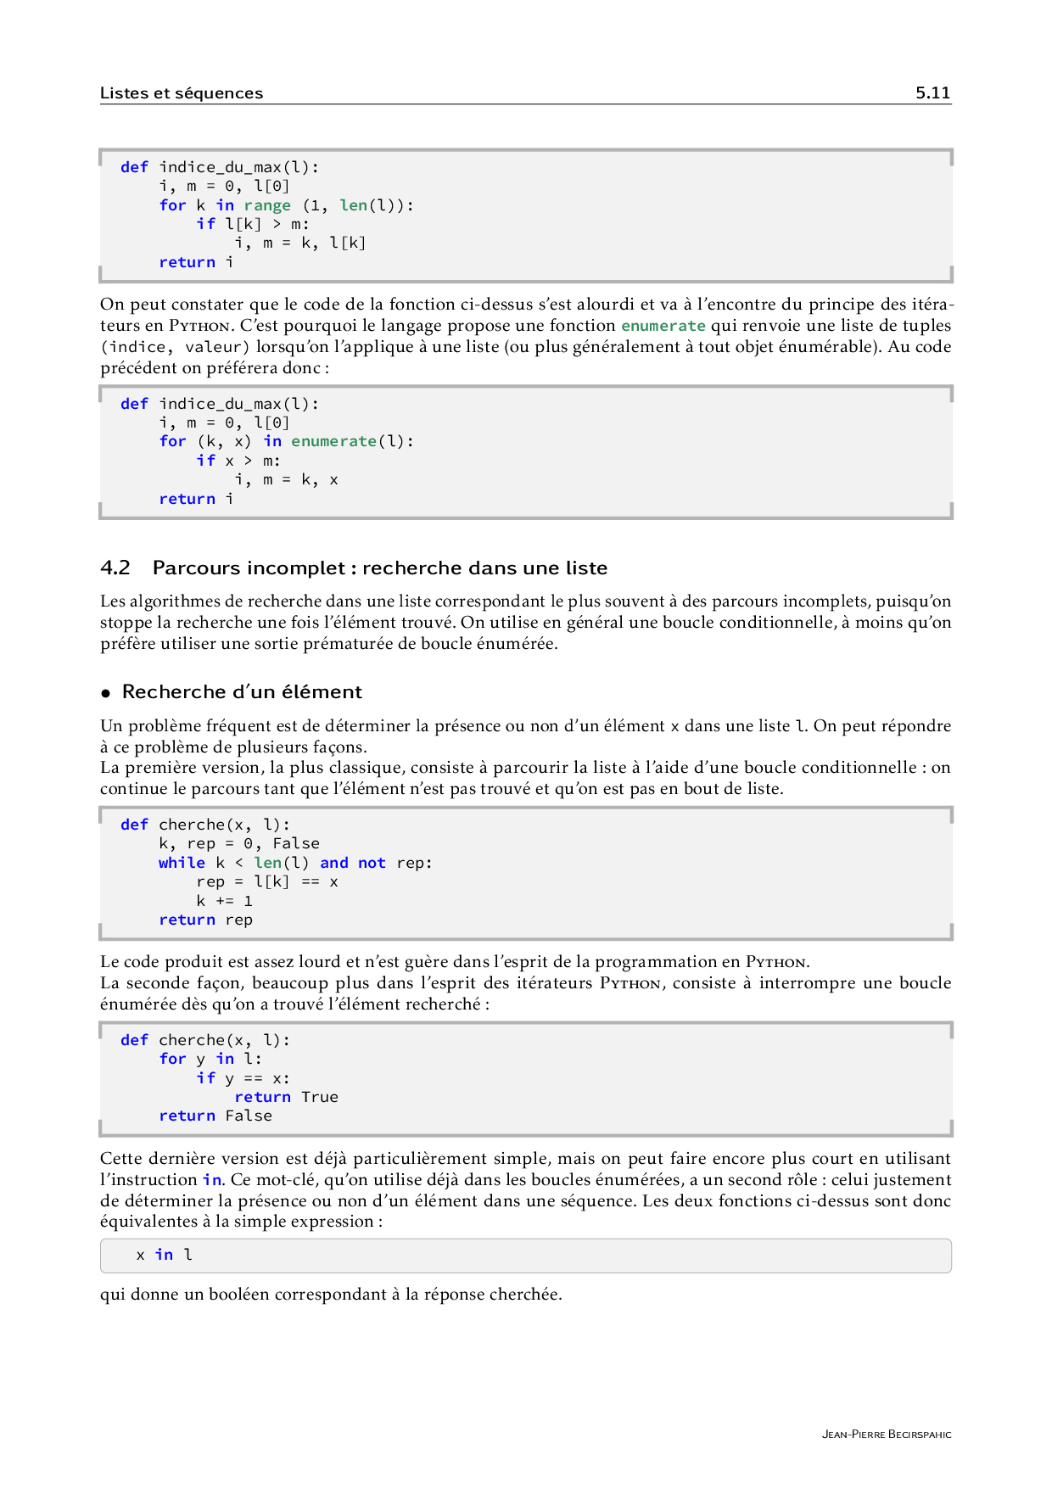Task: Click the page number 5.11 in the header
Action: (x=932, y=93)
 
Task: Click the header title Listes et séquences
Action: (x=182, y=93)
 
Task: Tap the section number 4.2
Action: (x=115, y=568)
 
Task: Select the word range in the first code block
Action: (x=267, y=205)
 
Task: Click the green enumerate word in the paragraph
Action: (x=663, y=326)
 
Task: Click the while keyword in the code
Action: (x=182, y=863)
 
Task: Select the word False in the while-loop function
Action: (x=296, y=843)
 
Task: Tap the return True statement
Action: (x=286, y=1097)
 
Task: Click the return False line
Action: (x=215, y=1116)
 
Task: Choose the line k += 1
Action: (x=225, y=901)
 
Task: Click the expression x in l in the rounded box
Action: (x=165, y=1255)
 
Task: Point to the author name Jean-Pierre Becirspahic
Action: (x=887, y=1435)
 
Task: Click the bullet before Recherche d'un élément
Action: (x=106, y=693)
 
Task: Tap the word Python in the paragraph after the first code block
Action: (x=199, y=326)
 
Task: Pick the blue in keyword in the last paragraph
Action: (x=212, y=1180)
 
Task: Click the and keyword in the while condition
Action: (x=334, y=863)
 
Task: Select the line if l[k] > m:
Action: (x=253, y=224)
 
